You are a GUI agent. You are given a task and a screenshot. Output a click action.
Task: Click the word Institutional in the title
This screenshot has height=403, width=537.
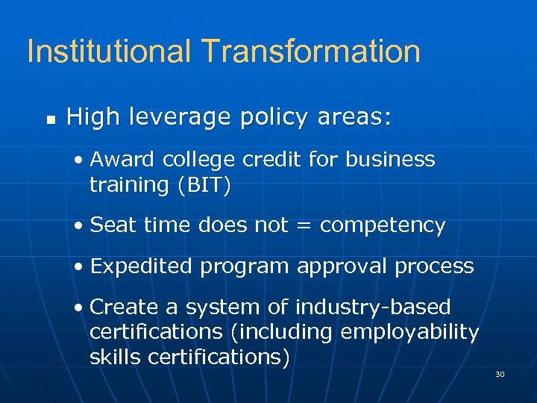[109, 51]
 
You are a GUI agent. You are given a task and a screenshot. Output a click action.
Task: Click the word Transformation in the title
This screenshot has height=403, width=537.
[310, 51]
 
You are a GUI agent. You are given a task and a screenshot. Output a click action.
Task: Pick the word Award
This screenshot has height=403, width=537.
[122, 160]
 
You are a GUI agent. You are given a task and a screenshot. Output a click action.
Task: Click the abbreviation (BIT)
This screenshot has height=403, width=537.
[203, 184]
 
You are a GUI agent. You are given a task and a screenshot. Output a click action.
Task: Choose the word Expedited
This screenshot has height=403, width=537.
[142, 266]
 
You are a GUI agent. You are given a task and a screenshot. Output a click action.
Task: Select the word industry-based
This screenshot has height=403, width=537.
[373, 307]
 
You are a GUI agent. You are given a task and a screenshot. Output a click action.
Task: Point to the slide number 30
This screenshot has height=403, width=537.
[500, 373]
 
